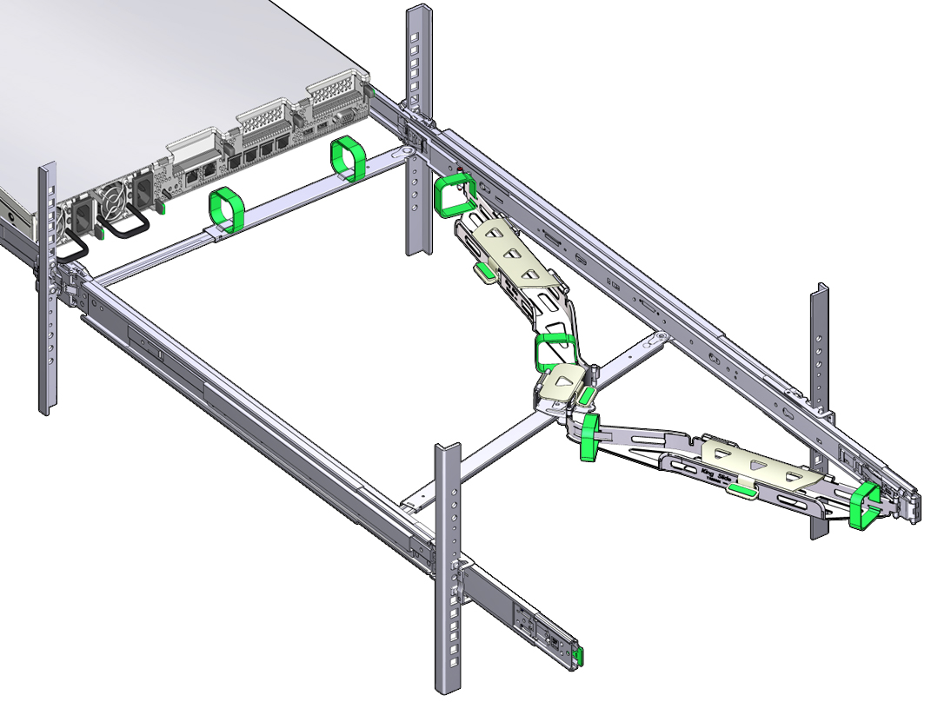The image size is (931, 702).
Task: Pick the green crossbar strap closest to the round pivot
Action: click(347, 158)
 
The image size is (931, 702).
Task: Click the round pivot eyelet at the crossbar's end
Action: click(402, 152)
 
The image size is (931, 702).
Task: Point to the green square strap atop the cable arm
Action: click(454, 195)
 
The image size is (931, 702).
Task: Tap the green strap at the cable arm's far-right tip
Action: click(864, 506)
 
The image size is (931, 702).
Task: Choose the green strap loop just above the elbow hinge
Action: click(554, 350)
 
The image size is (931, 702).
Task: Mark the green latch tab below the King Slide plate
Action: click(741, 493)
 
